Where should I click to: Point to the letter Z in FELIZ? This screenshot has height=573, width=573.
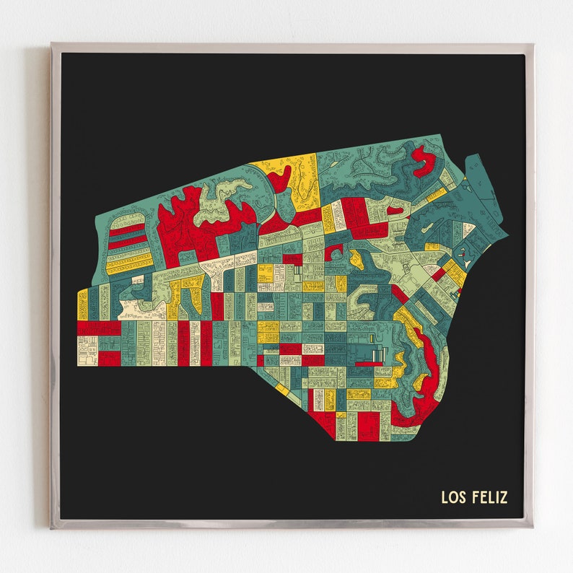coord(503,497)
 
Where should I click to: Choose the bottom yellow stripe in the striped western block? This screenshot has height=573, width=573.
coord(130,266)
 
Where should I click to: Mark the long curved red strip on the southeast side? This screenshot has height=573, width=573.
coord(426,375)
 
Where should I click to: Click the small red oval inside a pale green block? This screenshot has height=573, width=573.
coord(394,211)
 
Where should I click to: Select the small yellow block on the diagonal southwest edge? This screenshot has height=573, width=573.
coord(282,390)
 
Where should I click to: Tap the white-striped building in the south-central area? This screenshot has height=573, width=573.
coord(377,354)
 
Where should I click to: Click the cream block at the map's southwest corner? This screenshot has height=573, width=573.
coord(87,349)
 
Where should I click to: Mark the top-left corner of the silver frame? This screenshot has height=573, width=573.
coord(52,45)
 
